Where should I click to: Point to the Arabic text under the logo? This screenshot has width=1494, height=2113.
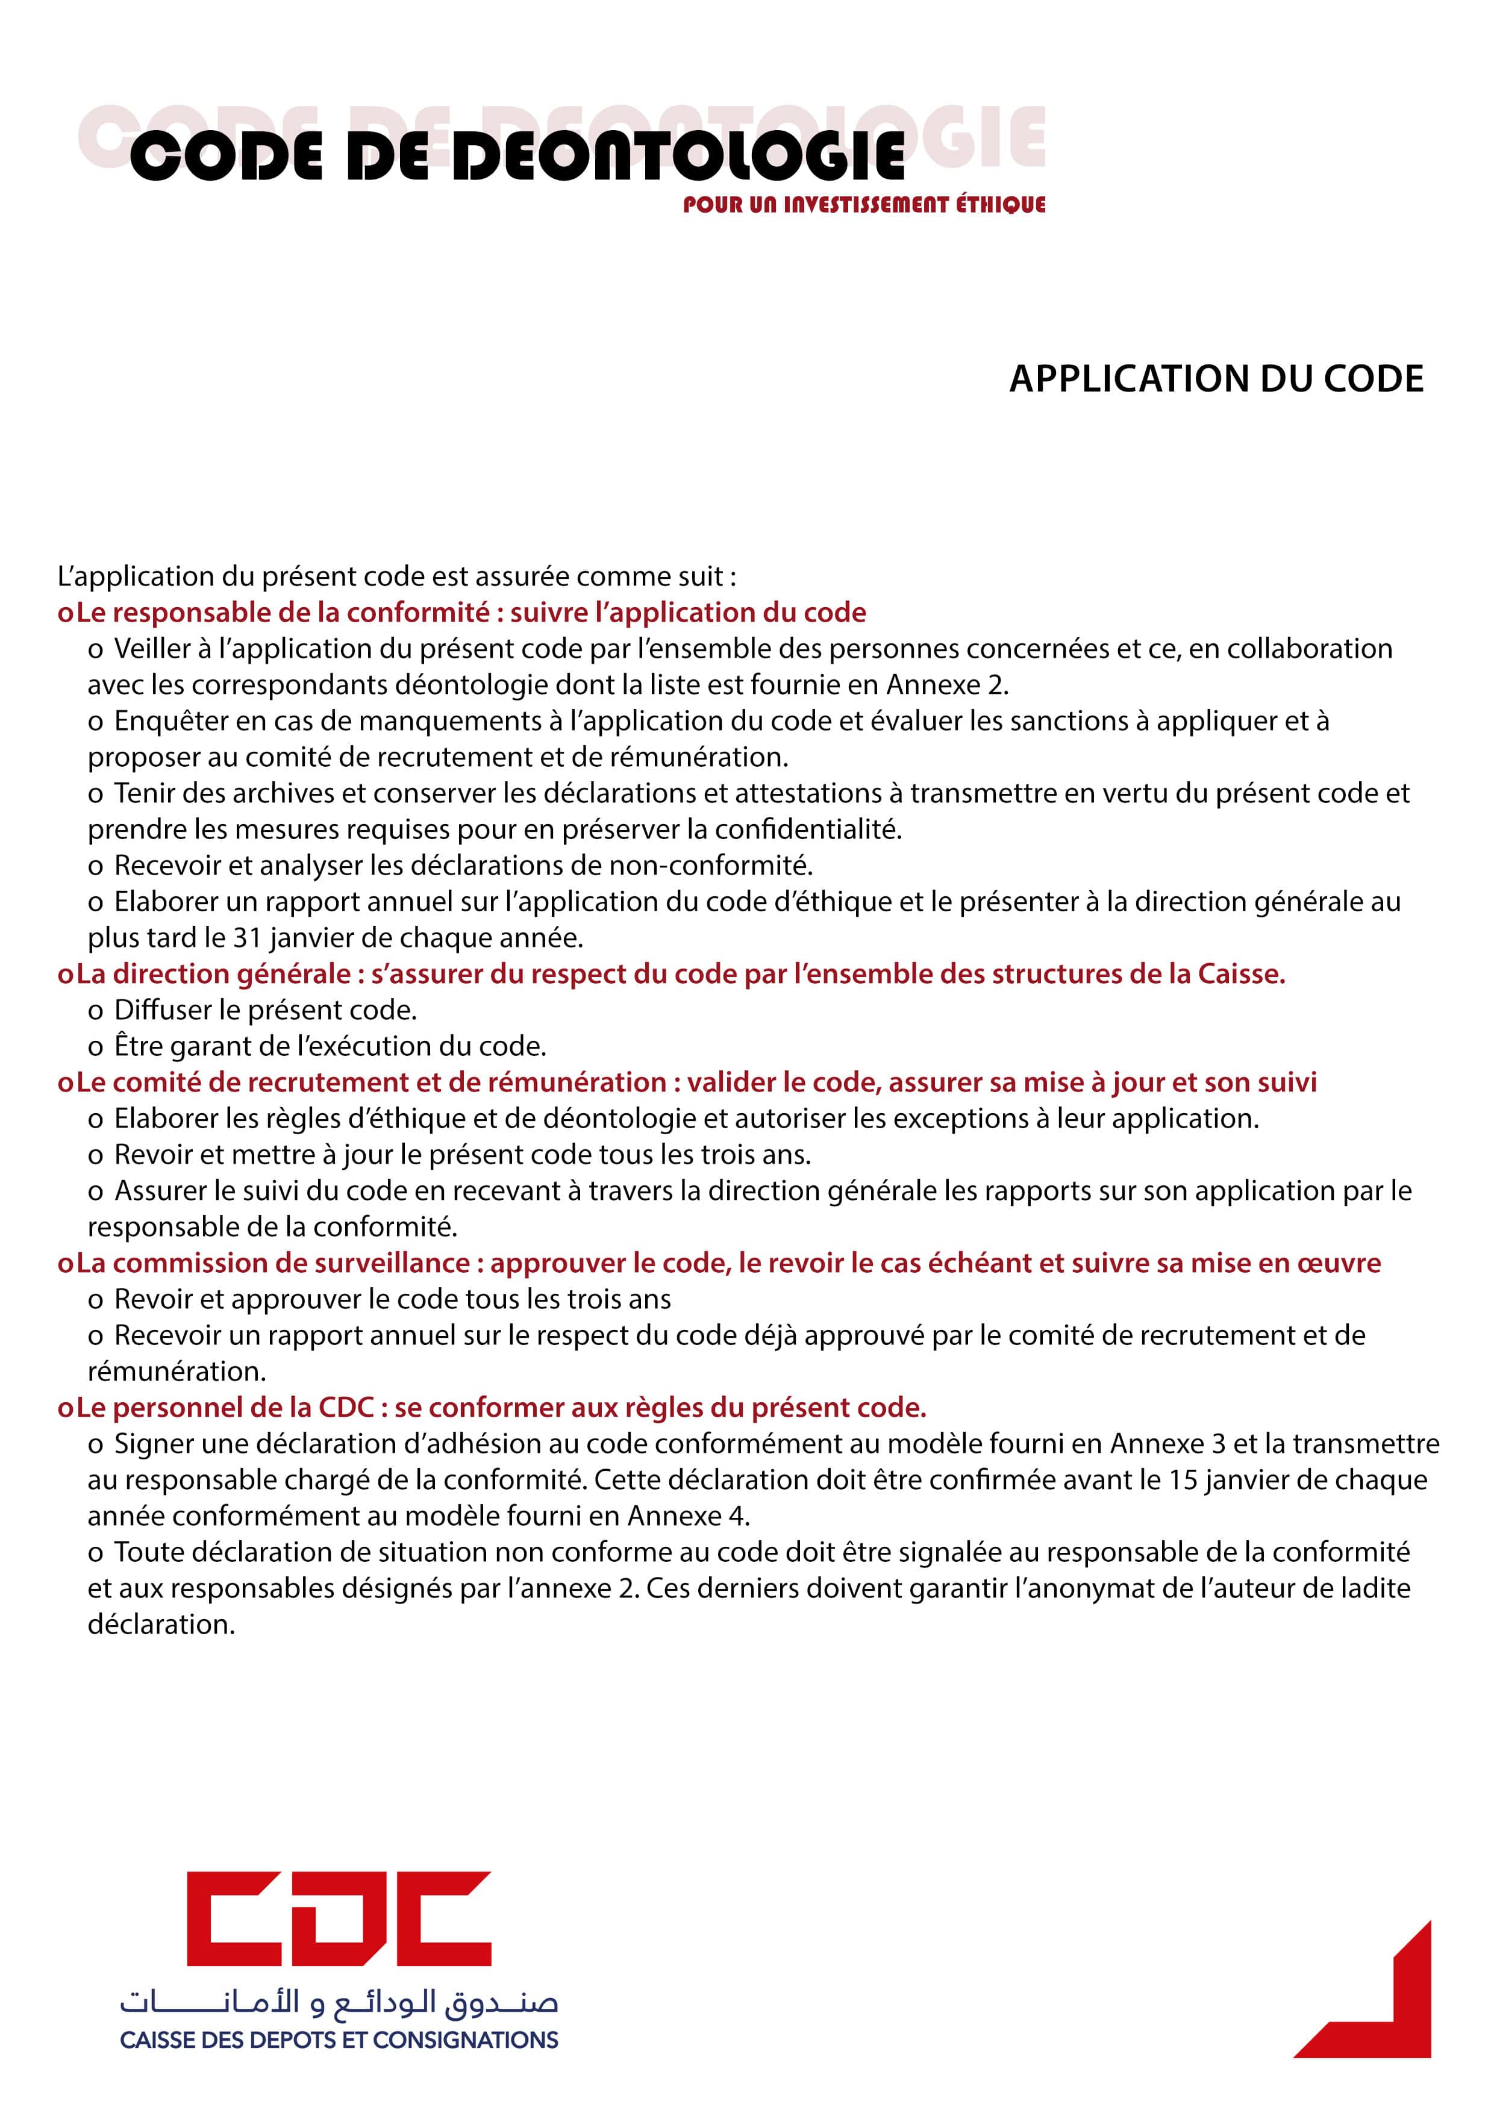point(339,2003)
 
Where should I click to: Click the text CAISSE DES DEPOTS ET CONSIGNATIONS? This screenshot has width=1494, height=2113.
point(339,2040)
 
